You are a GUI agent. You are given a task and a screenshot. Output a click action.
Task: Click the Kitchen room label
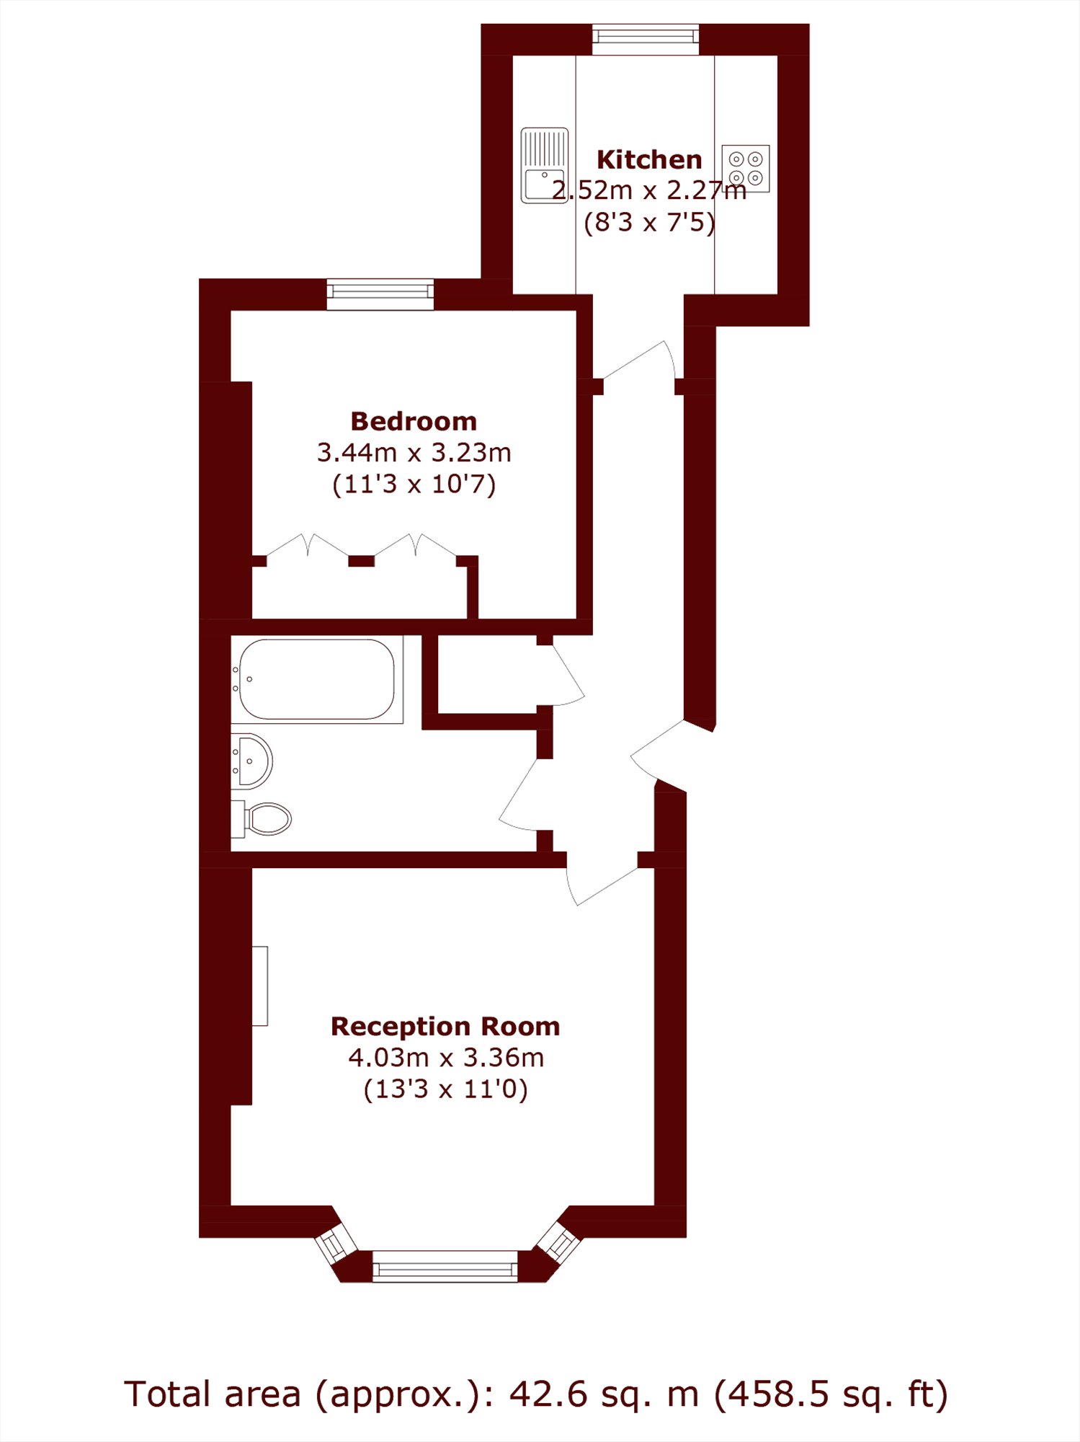[649, 159]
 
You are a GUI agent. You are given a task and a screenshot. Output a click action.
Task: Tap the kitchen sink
[545, 166]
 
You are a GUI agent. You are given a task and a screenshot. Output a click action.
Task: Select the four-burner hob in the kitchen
[746, 168]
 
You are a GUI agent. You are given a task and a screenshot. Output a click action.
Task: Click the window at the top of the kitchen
[646, 39]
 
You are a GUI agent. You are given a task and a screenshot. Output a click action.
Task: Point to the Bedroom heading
[414, 421]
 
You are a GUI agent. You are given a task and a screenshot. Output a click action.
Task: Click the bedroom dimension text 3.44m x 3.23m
[414, 453]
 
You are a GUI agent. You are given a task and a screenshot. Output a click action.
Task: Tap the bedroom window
[380, 294]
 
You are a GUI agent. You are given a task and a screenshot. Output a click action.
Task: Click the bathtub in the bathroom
[317, 679]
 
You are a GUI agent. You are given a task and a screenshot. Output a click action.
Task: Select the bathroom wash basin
[251, 761]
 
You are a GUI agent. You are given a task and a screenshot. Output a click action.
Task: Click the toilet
[261, 819]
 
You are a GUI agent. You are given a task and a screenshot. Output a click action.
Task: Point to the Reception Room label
[445, 1026]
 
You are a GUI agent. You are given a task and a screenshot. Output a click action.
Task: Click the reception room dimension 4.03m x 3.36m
[446, 1058]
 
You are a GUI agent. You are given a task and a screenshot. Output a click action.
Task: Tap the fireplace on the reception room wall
[260, 986]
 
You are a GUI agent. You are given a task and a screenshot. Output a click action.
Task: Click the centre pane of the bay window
[445, 1267]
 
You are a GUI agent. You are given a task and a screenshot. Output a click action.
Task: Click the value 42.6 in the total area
[539, 1394]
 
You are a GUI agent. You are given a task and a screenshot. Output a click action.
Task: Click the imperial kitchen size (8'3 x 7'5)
[649, 222]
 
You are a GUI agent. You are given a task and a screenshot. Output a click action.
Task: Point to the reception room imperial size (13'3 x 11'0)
[446, 1089]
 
